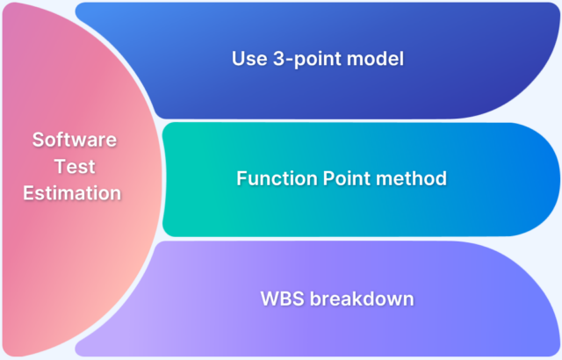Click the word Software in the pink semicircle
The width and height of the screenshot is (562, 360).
pyautogui.click(x=75, y=140)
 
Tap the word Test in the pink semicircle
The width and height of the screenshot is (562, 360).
pyautogui.click(x=75, y=166)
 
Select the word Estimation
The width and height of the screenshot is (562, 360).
pyautogui.click(x=75, y=192)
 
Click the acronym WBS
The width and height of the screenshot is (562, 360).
pyautogui.click(x=280, y=299)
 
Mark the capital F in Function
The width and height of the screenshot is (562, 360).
pyautogui.click(x=241, y=178)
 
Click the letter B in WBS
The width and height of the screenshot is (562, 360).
pyautogui.click(x=283, y=299)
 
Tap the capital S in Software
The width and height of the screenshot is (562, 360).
pyautogui.click(x=38, y=140)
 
